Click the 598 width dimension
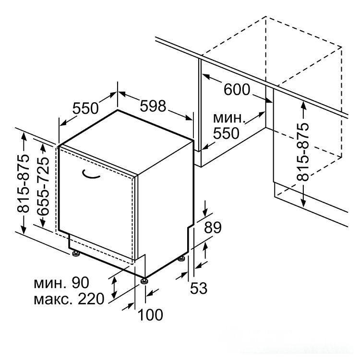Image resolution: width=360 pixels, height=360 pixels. point(153,106)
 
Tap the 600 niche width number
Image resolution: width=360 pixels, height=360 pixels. point(237,89)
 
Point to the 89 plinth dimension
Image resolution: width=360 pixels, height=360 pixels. point(213,228)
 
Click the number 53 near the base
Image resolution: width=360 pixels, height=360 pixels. point(199,288)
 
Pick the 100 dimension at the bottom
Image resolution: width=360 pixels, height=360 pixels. point(150,314)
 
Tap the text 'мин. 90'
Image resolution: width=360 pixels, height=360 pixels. point(61,282)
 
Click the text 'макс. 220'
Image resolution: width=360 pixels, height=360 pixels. point(69,299)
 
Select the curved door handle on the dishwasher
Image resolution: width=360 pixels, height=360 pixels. point(91,175)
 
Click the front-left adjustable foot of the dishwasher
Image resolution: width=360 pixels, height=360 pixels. point(76,254)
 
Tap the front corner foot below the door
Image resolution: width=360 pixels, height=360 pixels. point(144,281)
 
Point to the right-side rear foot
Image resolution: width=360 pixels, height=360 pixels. point(182,259)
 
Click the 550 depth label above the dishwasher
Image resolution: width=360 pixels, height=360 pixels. point(85,108)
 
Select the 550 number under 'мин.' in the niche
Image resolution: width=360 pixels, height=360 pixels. point(226,133)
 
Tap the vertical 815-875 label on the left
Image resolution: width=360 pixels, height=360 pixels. point(23,183)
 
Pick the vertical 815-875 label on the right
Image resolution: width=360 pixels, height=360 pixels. point(302,152)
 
